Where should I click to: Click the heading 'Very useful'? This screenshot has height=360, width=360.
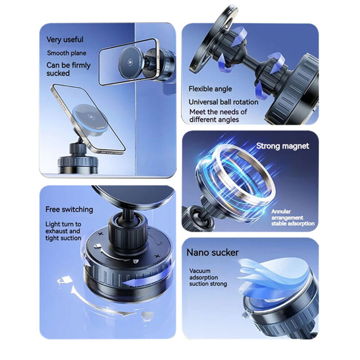pyautogui.click(x=64, y=40)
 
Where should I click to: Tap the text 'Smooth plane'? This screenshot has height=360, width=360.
pyautogui.click(x=66, y=53)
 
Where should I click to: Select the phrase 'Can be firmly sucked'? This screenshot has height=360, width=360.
pyautogui.click(x=68, y=69)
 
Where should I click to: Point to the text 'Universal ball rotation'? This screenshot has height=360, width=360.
pyautogui.click(x=223, y=102)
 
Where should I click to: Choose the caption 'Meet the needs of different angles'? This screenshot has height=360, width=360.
pyautogui.click(x=218, y=116)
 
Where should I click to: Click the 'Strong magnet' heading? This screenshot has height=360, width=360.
pyautogui.click(x=283, y=146)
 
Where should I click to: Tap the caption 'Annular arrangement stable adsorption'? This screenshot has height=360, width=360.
pyautogui.click(x=292, y=217)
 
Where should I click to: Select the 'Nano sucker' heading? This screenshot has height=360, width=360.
pyautogui.click(x=212, y=252)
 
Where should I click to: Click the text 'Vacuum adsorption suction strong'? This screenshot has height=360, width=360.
pyautogui.click(x=207, y=278)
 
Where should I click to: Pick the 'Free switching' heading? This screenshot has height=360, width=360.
pyautogui.click(x=69, y=209)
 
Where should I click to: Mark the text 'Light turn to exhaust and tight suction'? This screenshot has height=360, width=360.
pyautogui.click(x=63, y=231)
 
